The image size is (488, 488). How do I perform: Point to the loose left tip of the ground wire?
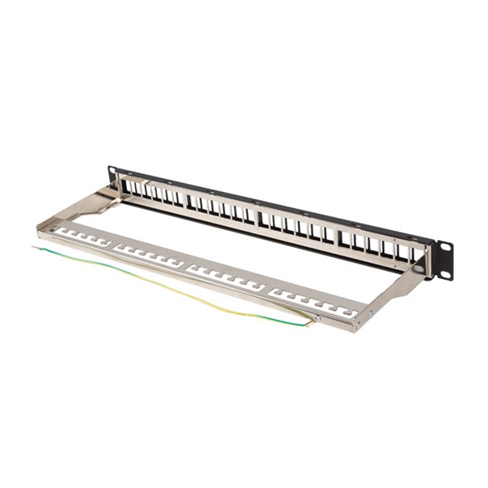34,246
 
